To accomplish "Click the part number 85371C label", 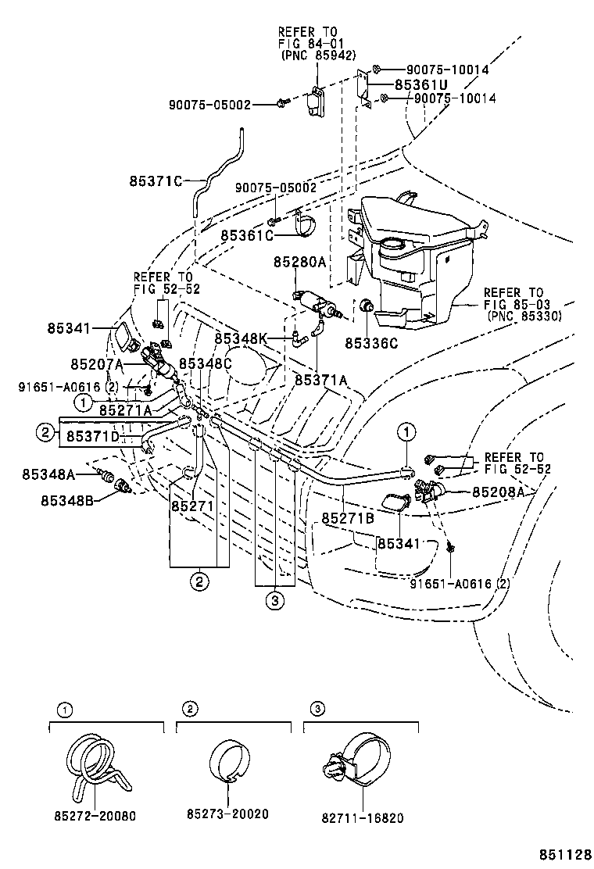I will click(x=156, y=181).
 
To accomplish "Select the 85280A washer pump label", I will click(x=299, y=263).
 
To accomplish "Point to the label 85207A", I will click(x=96, y=364).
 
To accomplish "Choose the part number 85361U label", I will click(x=421, y=84).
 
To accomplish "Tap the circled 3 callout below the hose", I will click(x=274, y=600).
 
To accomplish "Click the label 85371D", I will click(x=91, y=435).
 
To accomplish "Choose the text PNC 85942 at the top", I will click(x=318, y=55).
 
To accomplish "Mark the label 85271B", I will click(x=348, y=518).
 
